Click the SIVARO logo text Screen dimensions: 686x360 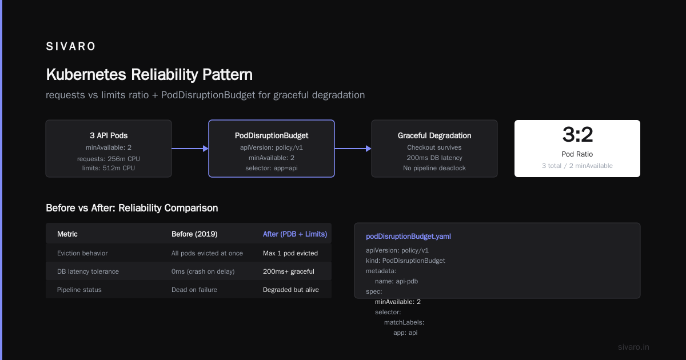(70, 46)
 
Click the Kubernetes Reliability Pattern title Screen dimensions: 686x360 (149, 74)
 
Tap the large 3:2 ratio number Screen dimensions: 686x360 (577, 134)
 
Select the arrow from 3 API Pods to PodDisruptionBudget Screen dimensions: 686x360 (190, 149)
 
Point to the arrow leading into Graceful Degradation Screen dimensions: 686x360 (353, 149)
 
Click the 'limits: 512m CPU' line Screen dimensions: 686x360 (109, 168)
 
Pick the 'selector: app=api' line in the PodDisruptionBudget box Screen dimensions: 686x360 (272, 168)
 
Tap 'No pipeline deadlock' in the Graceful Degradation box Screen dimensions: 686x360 (434, 168)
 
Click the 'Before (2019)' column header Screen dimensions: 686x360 (194, 234)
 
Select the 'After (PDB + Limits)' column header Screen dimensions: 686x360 (295, 234)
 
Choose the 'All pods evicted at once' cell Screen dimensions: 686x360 (207, 253)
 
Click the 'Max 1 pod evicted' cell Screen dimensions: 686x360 (290, 253)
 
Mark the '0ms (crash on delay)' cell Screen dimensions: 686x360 (203, 271)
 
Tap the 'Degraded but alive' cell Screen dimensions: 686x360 (290, 290)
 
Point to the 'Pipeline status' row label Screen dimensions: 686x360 (79, 290)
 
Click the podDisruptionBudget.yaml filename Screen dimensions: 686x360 (408, 237)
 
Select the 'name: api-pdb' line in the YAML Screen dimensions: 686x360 (396, 281)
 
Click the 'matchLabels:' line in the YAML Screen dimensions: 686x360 (404, 322)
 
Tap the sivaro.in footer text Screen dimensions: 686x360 (633, 347)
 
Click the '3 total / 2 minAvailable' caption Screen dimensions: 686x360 (577, 166)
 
